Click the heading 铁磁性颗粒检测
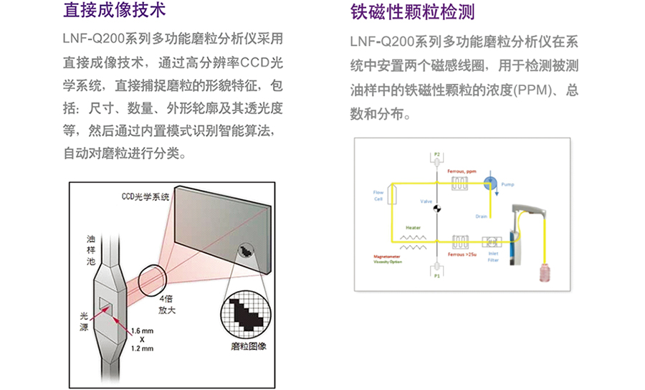coord(413,13)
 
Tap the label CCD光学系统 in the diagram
coord(145,196)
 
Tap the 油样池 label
coord(90,252)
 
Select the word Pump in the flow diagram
coord(507,184)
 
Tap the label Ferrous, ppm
coord(462,173)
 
